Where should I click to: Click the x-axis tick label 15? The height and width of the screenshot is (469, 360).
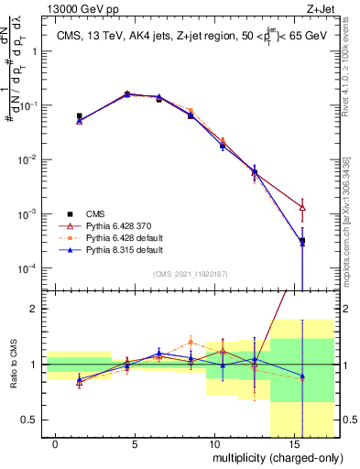(291, 444)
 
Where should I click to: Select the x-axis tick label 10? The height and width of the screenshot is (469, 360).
(213, 444)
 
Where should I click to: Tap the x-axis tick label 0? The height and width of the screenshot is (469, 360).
(56, 444)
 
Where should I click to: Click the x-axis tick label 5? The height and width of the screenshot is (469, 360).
(135, 444)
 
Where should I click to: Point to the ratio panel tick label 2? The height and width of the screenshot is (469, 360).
(34, 309)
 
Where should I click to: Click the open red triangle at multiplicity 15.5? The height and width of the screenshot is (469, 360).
(302, 208)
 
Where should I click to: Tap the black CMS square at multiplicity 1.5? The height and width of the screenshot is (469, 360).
(80, 116)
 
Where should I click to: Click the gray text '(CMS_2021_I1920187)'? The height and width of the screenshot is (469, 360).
(190, 274)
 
